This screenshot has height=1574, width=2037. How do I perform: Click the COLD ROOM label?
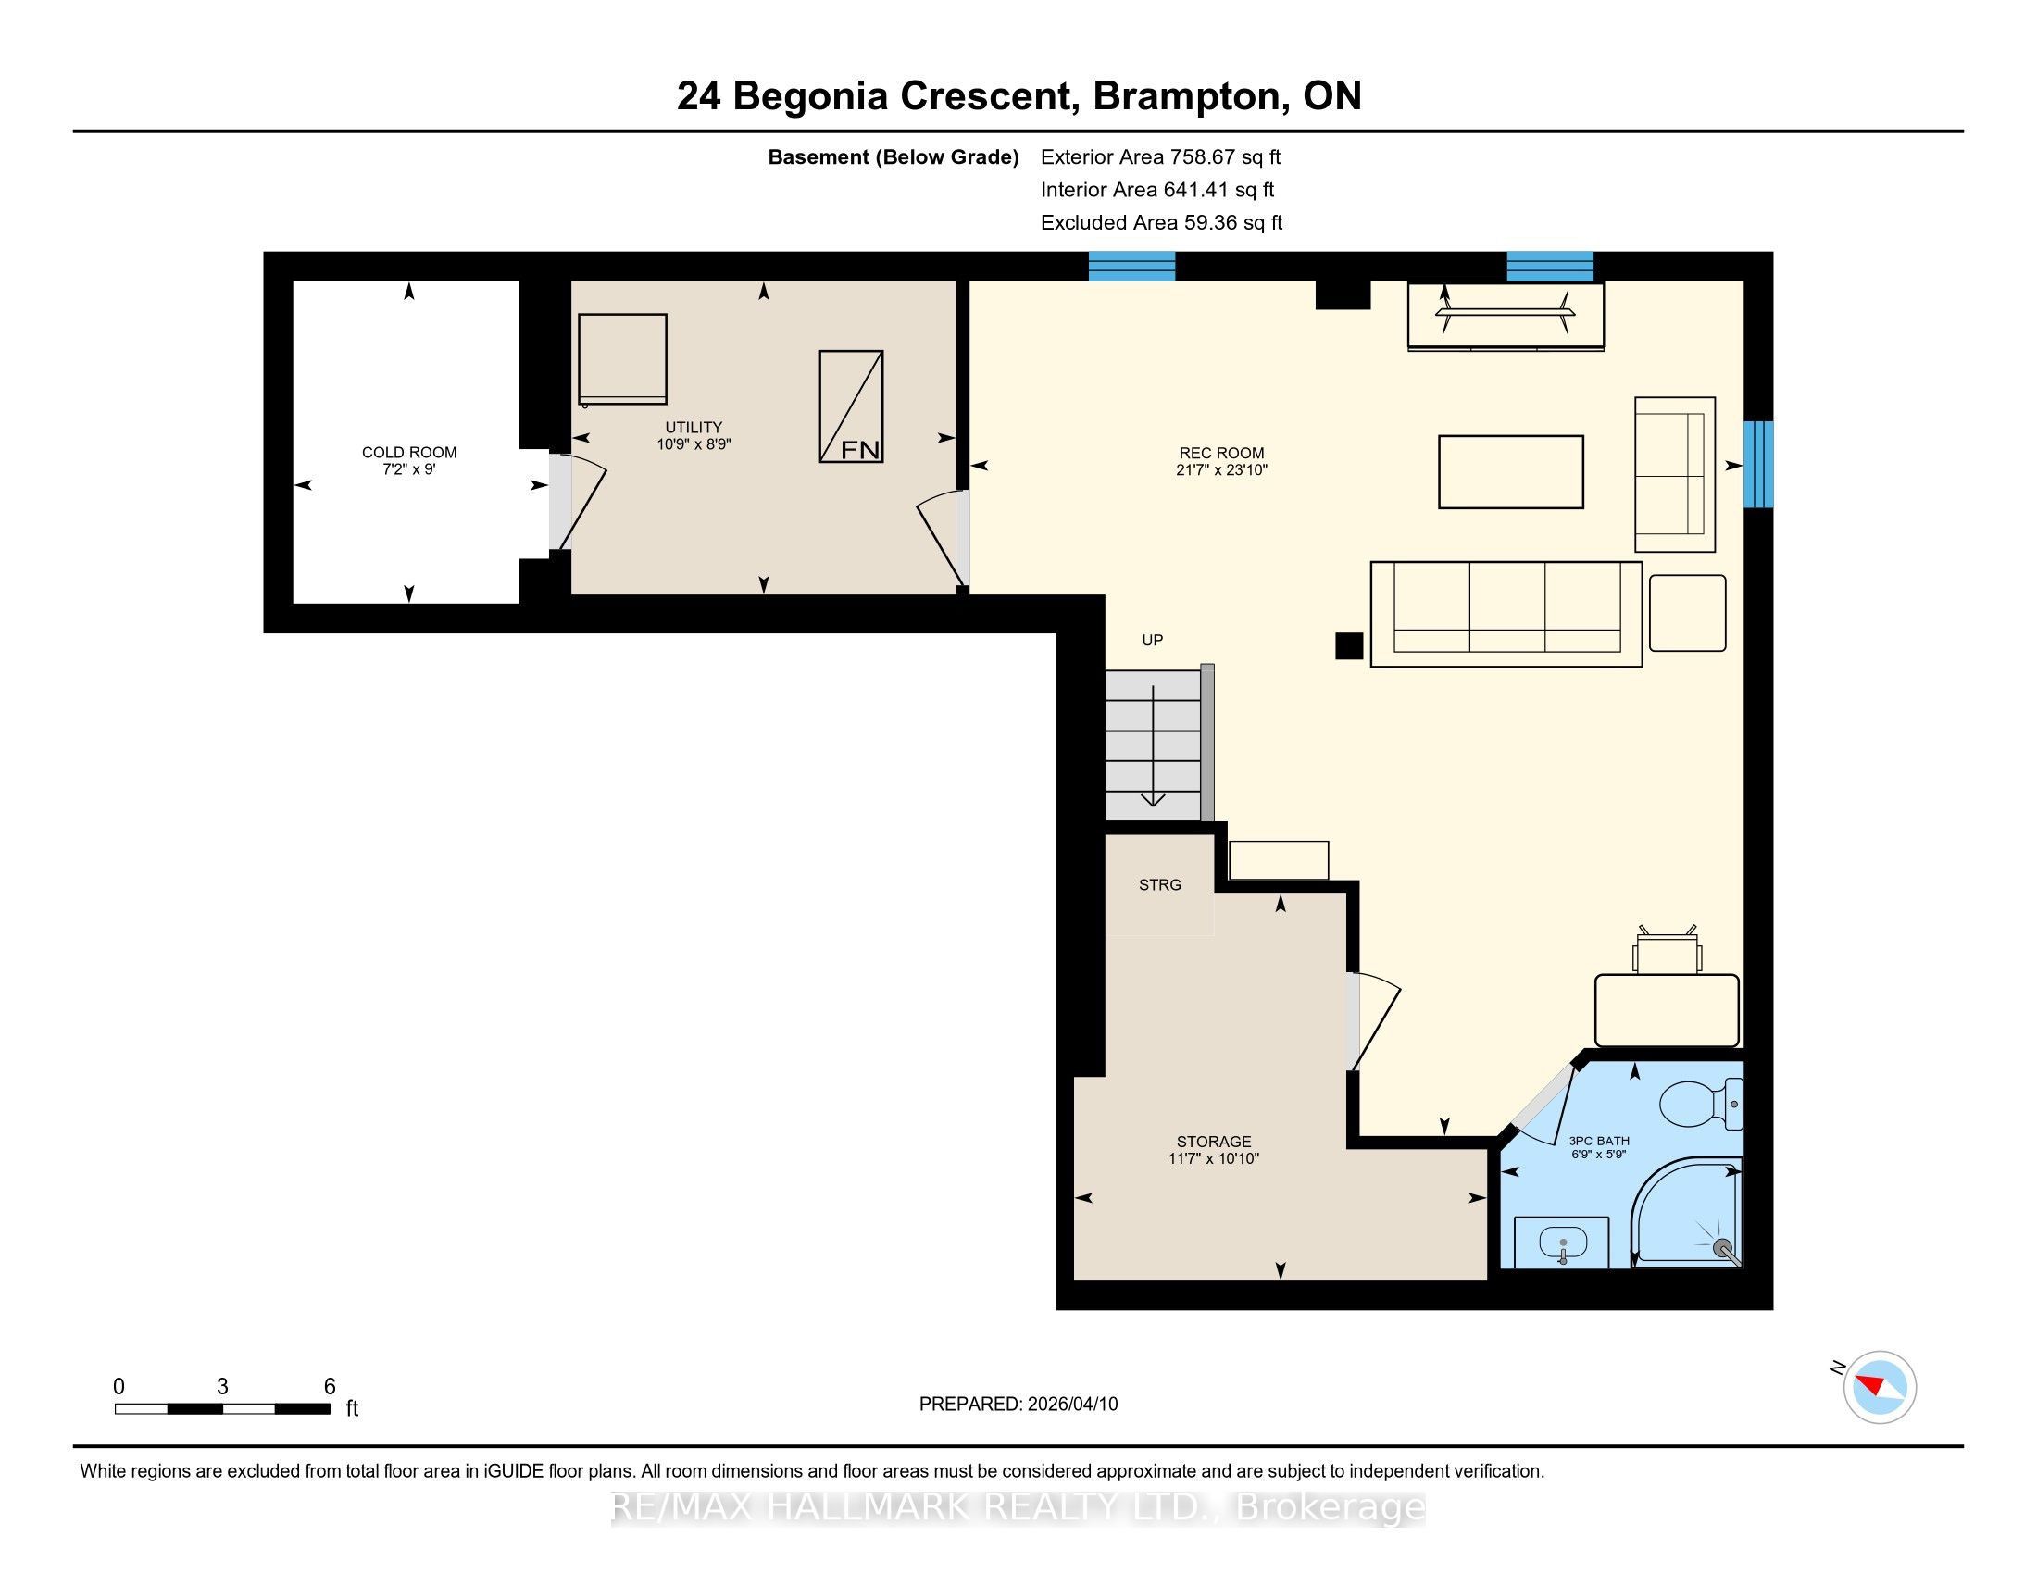(409, 452)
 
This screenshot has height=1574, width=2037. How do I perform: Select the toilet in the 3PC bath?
(1701, 1103)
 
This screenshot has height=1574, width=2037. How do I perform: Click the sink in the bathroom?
(1562, 1243)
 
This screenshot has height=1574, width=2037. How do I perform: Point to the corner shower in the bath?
(1686, 1212)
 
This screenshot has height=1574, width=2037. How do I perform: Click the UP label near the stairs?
(1153, 640)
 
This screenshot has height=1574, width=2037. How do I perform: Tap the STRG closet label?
(1160, 884)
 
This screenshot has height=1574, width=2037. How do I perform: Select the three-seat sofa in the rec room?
(1506, 614)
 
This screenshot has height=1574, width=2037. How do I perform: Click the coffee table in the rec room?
(1511, 472)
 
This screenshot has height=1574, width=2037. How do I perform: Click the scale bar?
(223, 1408)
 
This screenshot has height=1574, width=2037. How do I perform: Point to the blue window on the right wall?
(1758, 465)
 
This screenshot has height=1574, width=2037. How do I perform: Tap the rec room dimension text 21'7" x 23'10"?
(1222, 470)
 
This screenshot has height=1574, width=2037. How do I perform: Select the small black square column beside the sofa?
(1349, 645)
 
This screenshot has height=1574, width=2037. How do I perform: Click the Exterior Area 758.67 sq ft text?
(1161, 156)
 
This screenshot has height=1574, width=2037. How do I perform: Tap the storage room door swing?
(1373, 1020)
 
